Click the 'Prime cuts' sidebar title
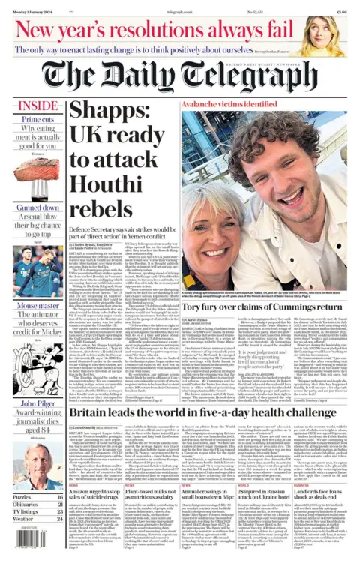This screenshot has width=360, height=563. pos(37,120)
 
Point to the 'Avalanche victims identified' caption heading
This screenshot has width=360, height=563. pos(223,105)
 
